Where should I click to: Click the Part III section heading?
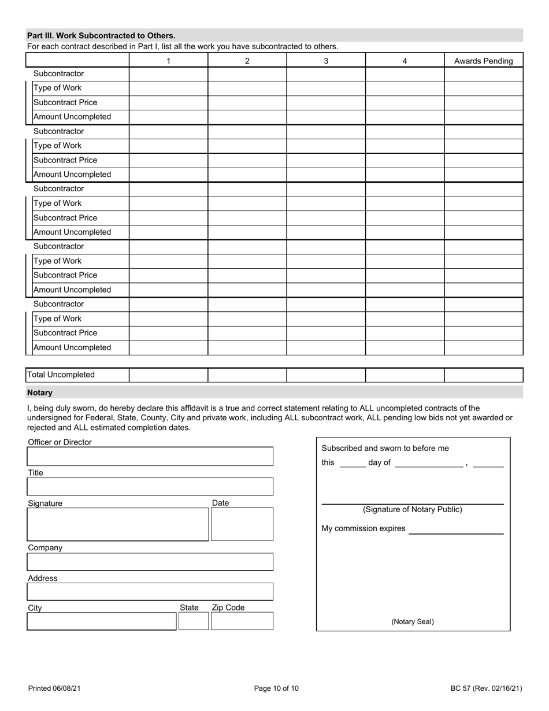[101, 35]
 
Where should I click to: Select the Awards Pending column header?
[483, 61]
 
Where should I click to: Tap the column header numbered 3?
[326, 61]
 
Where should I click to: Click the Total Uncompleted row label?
[61, 375]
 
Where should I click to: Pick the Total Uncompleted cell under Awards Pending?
[483, 375]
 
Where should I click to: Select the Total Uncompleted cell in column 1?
[168, 375]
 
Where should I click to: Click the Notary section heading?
[40, 392]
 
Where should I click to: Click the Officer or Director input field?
[150, 456]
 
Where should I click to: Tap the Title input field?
[150, 487]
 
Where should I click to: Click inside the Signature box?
[118, 524]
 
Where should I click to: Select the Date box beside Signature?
[242, 524]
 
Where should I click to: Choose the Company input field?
[150, 562]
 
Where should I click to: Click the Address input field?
[150, 592]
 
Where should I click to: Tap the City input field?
[102, 621]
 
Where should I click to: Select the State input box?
[193, 621]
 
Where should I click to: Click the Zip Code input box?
[242, 621]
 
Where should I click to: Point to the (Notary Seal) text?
[413, 622]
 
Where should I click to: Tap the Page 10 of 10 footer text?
[276, 688]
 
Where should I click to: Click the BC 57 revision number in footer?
[486, 688]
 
